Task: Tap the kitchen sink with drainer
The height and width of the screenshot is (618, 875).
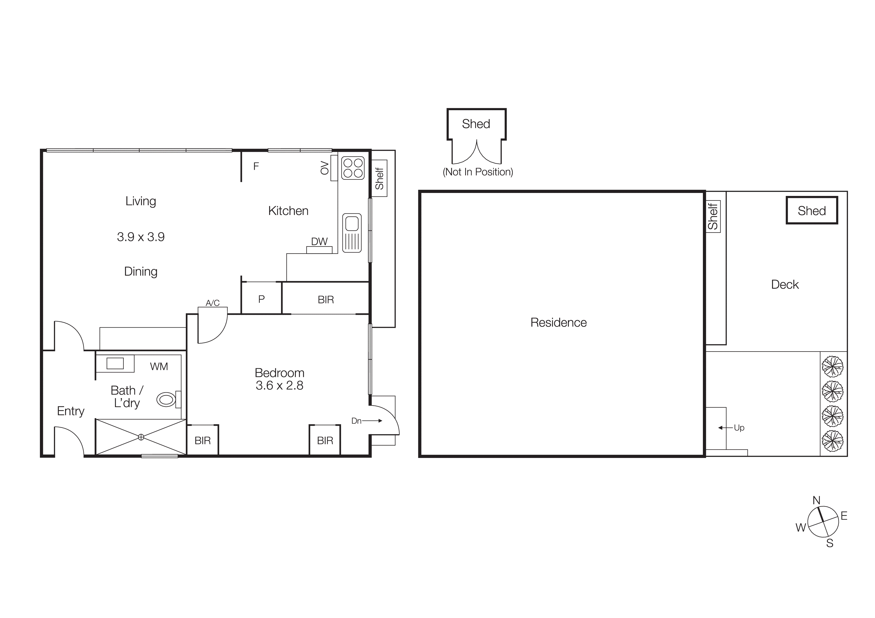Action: [x=351, y=233]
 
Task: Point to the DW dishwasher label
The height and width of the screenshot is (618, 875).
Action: [x=319, y=241]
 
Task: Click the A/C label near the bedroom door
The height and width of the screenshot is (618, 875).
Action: [x=213, y=303]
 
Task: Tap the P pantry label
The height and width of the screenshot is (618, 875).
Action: [x=261, y=299]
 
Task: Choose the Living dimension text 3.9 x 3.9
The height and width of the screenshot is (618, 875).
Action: [x=141, y=237]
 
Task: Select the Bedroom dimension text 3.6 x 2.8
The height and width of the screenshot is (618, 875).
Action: [x=279, y=385]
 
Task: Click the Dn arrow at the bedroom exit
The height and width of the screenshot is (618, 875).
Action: [x=372, y=421]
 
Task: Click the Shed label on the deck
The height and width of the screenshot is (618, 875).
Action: [x=812, y=211]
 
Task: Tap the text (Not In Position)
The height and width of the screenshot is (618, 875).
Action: [x=478, y=172]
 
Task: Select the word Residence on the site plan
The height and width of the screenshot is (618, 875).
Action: [x=558, y=323]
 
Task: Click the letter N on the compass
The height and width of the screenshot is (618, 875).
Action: [x=816, y=500]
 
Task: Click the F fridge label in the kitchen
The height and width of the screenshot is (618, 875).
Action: [x=256, y=166]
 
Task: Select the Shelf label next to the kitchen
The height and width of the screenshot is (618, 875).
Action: [x=379, y=178]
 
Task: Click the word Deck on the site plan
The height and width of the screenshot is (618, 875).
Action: [x=785, y=284]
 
